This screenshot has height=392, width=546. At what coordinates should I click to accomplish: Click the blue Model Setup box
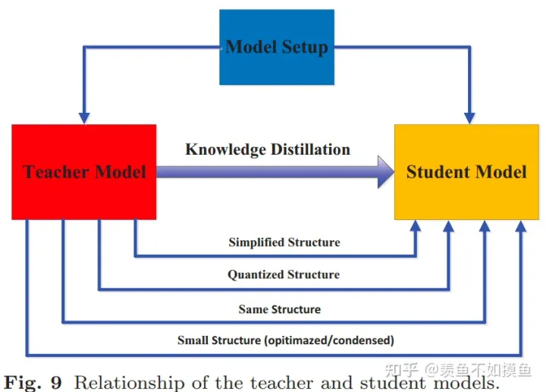(277, 47)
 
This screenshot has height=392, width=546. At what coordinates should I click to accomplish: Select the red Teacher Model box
(84, 172)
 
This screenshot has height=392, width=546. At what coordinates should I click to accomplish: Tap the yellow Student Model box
(466, 172)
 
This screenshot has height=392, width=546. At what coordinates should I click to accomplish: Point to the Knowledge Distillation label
(268, 149)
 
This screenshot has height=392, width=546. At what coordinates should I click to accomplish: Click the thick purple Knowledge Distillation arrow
(273, 172)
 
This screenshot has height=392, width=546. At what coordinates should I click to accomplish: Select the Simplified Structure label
(284, 243)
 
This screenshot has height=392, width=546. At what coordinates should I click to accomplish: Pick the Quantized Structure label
(284, 274)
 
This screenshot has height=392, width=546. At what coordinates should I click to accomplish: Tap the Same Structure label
(279, 309)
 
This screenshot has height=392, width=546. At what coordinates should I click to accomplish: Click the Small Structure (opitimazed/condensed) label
(286, 340)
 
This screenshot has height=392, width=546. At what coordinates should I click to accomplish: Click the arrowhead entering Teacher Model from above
(84, 117)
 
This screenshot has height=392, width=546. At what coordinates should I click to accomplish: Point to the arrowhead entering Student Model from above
(469, 117)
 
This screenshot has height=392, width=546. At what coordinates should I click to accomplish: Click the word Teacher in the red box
(55, 172)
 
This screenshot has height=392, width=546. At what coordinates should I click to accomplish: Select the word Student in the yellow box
(439, 172)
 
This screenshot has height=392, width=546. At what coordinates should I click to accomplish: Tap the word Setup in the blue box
(303, 47)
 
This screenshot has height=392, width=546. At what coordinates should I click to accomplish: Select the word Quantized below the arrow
(256, 274)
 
